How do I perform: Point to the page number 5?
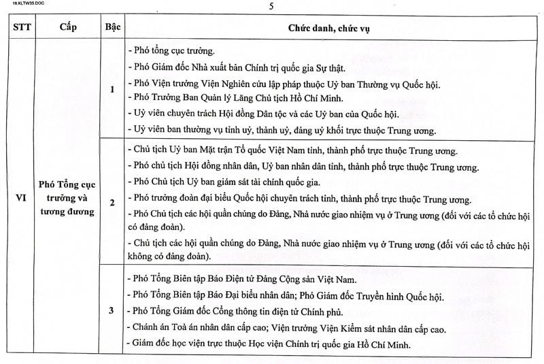click(x=271, y=6)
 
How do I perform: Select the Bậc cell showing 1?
click(x=112, y=89)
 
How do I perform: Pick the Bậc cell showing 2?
click(x=112, y=202)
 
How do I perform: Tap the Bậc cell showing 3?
click(x=112, y=311)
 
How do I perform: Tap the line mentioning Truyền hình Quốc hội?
click(x=285, y=295)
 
